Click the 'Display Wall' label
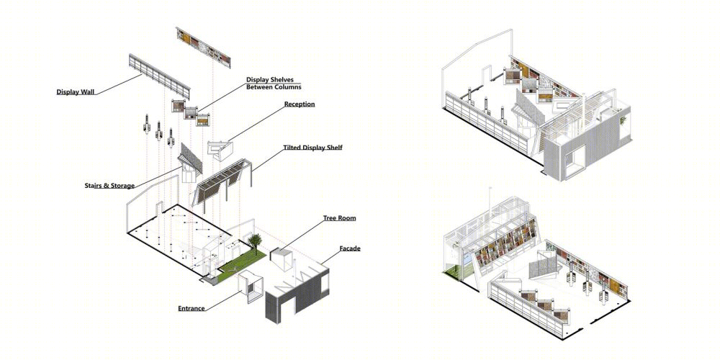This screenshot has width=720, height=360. point(76,92)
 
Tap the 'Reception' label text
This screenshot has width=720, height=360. point(300,104)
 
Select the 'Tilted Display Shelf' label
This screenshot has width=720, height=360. point(312,148)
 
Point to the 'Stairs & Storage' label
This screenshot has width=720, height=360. point(109,186)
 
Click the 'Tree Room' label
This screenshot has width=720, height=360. point(339,218)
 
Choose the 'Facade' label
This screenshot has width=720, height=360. point(350,249)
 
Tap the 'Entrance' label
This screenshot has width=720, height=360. point(192,309)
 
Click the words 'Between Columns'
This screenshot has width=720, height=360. point(274,87)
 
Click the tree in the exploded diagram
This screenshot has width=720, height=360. point(254,242)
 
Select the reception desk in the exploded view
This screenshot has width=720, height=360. point(220,150)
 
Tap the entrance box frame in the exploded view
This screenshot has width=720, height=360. point(251,287)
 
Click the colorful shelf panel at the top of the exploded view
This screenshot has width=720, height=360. point(203,48)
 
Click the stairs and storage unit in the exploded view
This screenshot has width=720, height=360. point(189,163)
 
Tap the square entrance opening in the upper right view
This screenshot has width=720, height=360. point(575,162)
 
